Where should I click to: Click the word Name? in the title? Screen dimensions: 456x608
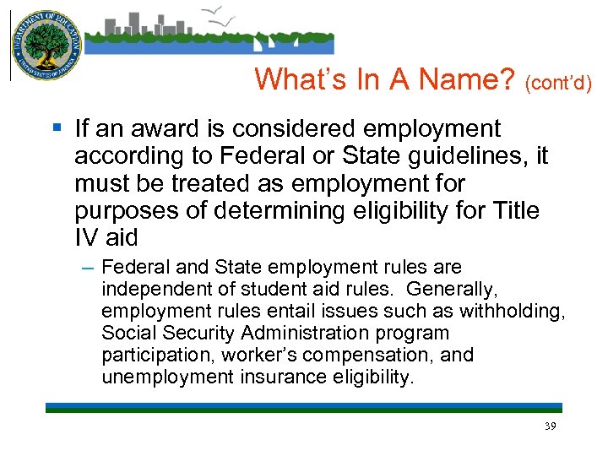click(464, 79)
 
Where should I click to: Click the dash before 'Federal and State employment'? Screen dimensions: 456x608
click(89, 268)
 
